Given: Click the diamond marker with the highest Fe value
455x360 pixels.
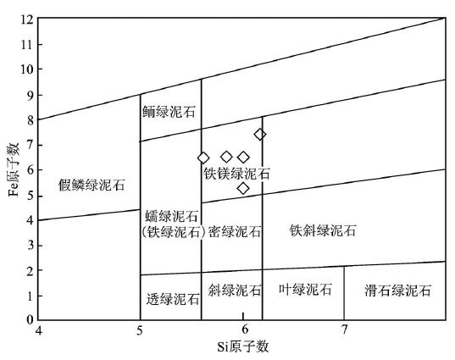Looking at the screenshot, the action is coord(260,135).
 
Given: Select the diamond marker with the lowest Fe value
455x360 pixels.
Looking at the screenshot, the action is coord(243,188).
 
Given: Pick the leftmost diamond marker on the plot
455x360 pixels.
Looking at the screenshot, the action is coord(203,158).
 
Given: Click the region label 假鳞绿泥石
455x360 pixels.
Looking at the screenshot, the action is coord(92,185).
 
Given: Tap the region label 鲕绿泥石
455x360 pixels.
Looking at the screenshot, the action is coord(169,112).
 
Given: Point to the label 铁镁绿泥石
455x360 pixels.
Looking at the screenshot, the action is coord(236,174).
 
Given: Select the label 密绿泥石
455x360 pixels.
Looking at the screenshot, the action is coord(235,231).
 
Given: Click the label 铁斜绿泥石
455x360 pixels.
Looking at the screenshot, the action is coord(323,230).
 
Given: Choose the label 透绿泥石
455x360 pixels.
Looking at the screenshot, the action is coord(173,299).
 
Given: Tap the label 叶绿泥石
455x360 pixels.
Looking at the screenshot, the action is coord(305,289).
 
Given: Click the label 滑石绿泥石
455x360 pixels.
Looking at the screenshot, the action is coord(398,290).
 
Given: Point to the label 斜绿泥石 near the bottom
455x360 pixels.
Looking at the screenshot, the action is coord(235,290).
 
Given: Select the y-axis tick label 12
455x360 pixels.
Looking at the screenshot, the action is coord(27,19).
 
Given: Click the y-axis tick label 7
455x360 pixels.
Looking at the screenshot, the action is coord(31,145).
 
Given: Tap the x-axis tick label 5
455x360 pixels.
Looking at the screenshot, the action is coord(140,330).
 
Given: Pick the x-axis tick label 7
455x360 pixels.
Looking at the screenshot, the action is coord(344,330).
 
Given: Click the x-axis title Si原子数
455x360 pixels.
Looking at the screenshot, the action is coord(243,346).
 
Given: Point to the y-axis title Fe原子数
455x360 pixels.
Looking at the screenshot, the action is coord(14,169).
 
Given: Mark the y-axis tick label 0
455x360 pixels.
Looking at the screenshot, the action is coord(31,319).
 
